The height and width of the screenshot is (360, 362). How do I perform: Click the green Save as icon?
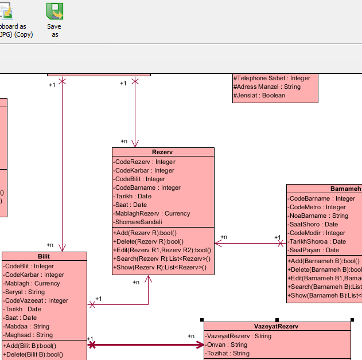coord(55,11)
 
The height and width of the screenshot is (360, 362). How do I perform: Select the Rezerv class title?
coord(162,152)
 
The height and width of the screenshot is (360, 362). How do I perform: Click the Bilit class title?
coord(44,256)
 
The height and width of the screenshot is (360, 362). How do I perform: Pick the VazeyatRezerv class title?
coord(276,326)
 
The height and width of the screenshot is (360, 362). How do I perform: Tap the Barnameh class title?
coord(345,189)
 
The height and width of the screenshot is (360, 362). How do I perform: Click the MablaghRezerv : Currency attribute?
coord(151,213)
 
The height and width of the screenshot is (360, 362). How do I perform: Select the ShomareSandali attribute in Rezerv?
coord(138,222)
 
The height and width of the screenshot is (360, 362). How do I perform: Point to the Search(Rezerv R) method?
coord(162,259)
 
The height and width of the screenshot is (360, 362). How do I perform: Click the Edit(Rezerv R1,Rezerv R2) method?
coord(162,251)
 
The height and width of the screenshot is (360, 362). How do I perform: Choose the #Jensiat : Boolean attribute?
coord(259,95)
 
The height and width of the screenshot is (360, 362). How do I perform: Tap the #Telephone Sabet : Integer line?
coord(272,78)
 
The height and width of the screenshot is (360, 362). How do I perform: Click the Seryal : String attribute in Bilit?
coord(24,292)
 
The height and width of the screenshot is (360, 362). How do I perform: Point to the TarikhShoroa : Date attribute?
coord(317,241)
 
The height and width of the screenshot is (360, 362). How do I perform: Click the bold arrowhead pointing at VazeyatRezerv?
coord(200,345)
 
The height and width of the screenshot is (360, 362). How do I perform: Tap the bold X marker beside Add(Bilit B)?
coord(92,345)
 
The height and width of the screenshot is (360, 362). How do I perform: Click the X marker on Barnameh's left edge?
coord(281,243)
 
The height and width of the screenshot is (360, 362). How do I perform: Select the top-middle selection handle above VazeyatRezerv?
coord(277,320)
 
